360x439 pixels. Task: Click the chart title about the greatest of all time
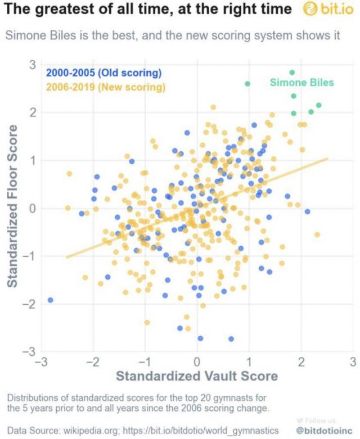[x=148, y=10]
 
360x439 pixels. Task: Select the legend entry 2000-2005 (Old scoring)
[x=104, y=73]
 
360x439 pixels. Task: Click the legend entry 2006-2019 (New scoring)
[x=106, y=87]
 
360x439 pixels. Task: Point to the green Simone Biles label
[x=301, y=83]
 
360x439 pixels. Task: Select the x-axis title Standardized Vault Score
[x=197, y=375]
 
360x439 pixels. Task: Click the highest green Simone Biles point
[x=292, y=73]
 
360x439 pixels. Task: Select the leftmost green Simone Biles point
[x=247, y=84]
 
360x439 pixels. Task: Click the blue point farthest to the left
[x=51, y=300]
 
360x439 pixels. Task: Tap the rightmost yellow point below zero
[x=317, y=234]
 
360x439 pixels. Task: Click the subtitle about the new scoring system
[x=173, y=35]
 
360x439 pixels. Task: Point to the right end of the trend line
[x=327, y=159]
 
